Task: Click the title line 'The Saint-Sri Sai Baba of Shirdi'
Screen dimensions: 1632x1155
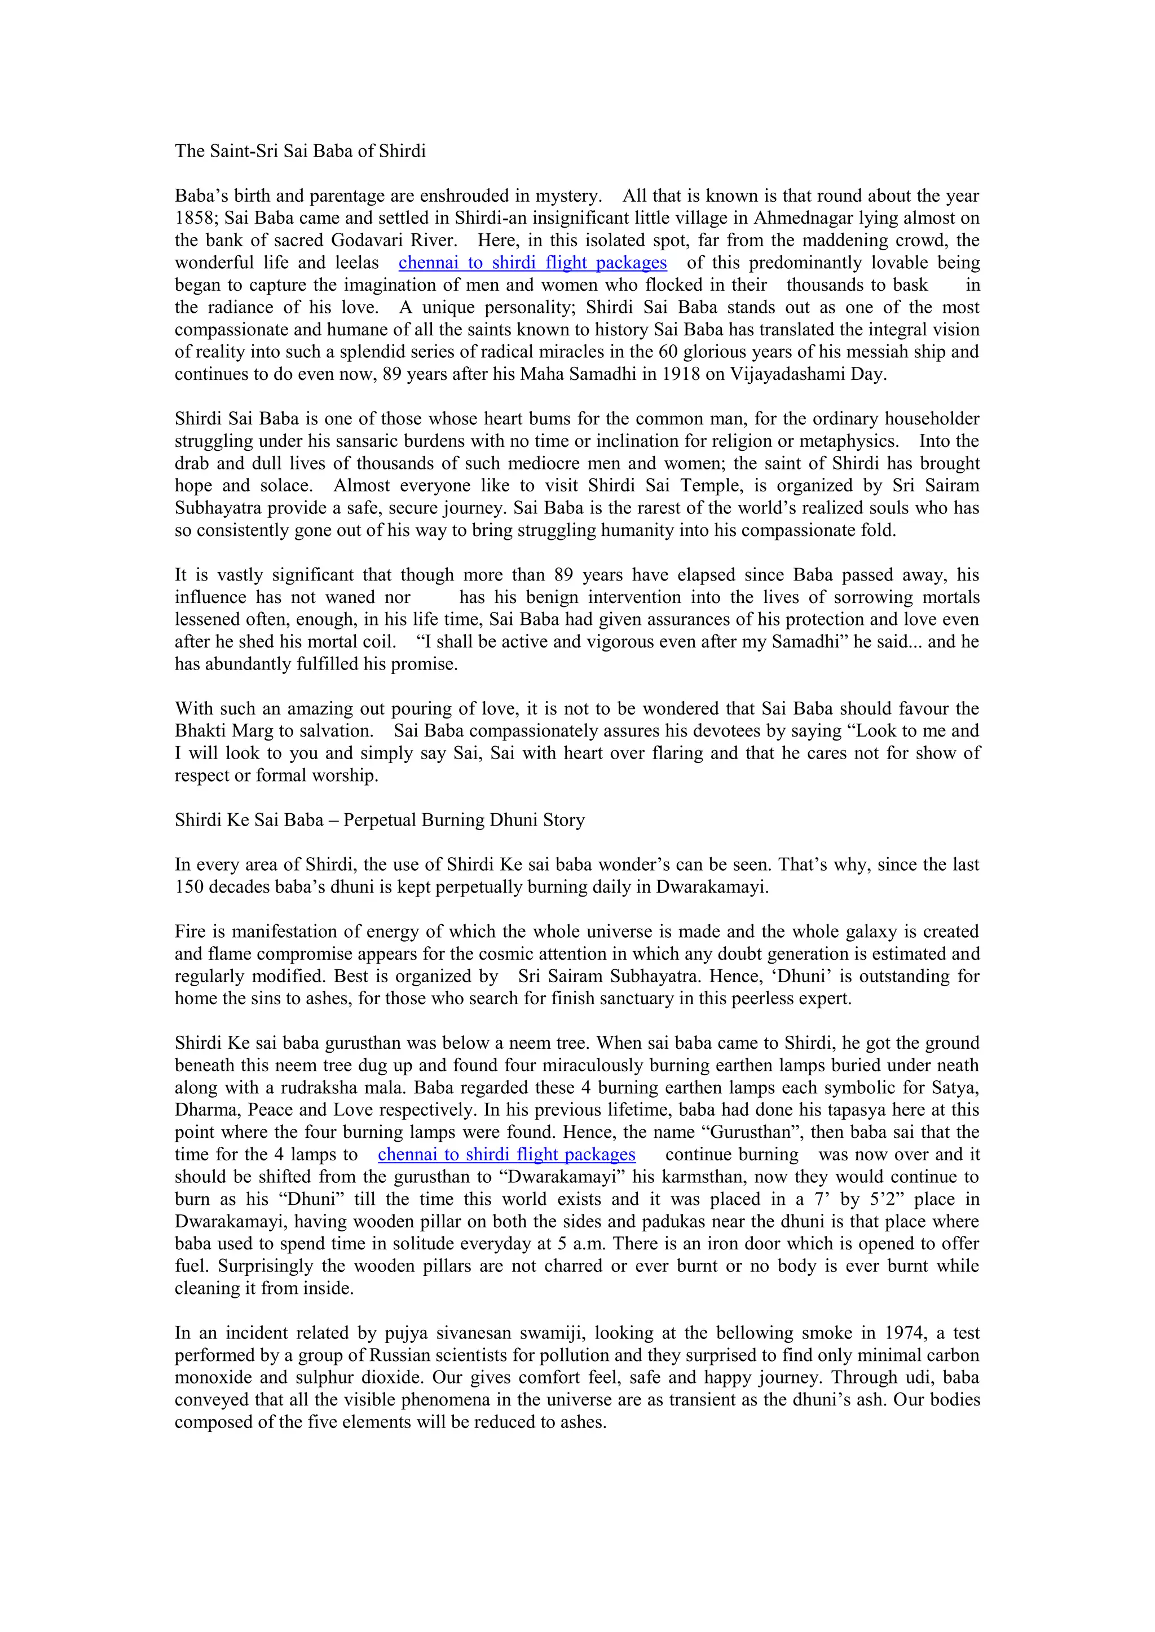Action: pos(300,152)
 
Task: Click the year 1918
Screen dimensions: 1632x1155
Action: pos(681,375)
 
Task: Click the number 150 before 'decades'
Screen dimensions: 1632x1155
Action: pos(188,887)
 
